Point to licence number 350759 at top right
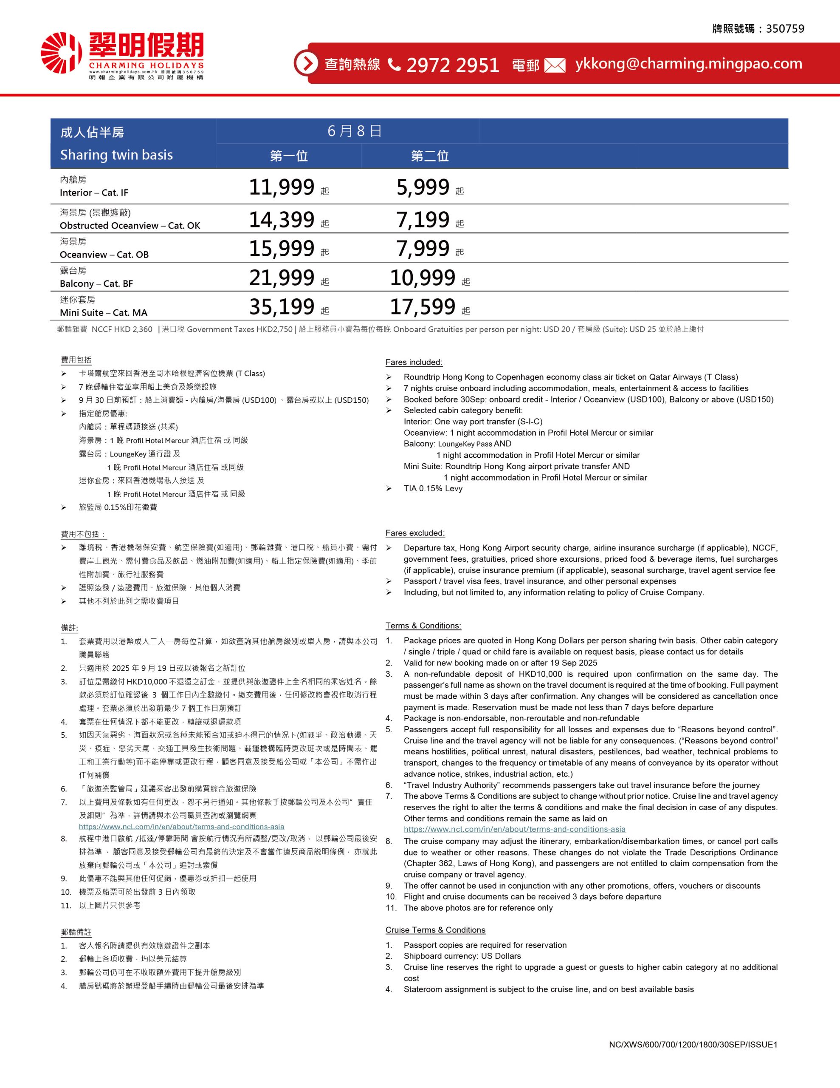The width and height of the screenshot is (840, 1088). coord(785,29)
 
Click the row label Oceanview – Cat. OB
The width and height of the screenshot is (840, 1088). coord(104,255)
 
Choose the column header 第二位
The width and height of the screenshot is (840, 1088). coord(430,156)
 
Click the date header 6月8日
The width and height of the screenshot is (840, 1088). coord(355,131)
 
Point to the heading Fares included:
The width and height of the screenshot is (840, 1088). coord(414,362)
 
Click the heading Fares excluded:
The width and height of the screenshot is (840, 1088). coord(415,533)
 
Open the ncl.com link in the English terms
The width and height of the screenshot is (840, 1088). coord(514,830)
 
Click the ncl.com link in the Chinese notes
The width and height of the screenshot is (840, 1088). coord(181,827)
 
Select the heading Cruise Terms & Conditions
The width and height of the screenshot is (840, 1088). coord(435,930)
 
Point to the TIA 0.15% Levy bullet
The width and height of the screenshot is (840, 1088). coord(433,489)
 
